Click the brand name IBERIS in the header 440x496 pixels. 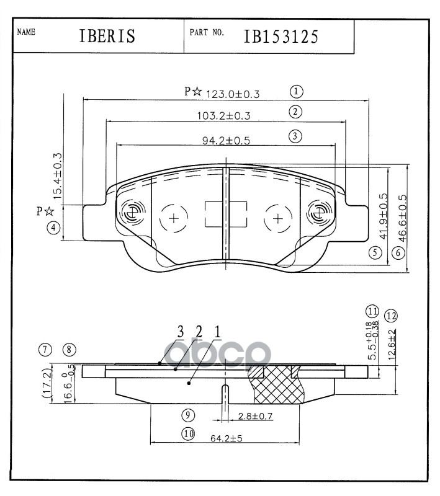coord(107,37)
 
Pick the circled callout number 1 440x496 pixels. coord(296,92)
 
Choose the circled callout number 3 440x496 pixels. coord(295,136)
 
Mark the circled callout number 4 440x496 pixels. coord(55,228)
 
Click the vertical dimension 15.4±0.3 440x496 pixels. coord(58,176)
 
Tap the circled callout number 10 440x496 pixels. coord(189,435)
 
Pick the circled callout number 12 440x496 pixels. coord(390,315)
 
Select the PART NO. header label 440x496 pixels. coord(207,32)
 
